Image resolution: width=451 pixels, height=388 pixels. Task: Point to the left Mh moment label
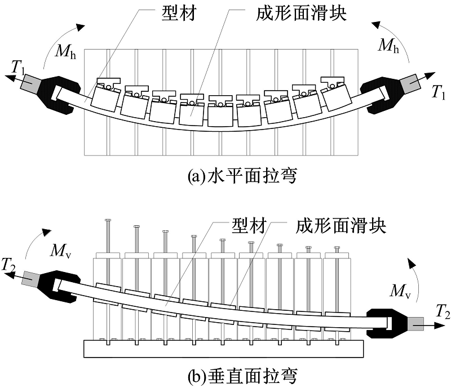(x=67, y=52)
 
